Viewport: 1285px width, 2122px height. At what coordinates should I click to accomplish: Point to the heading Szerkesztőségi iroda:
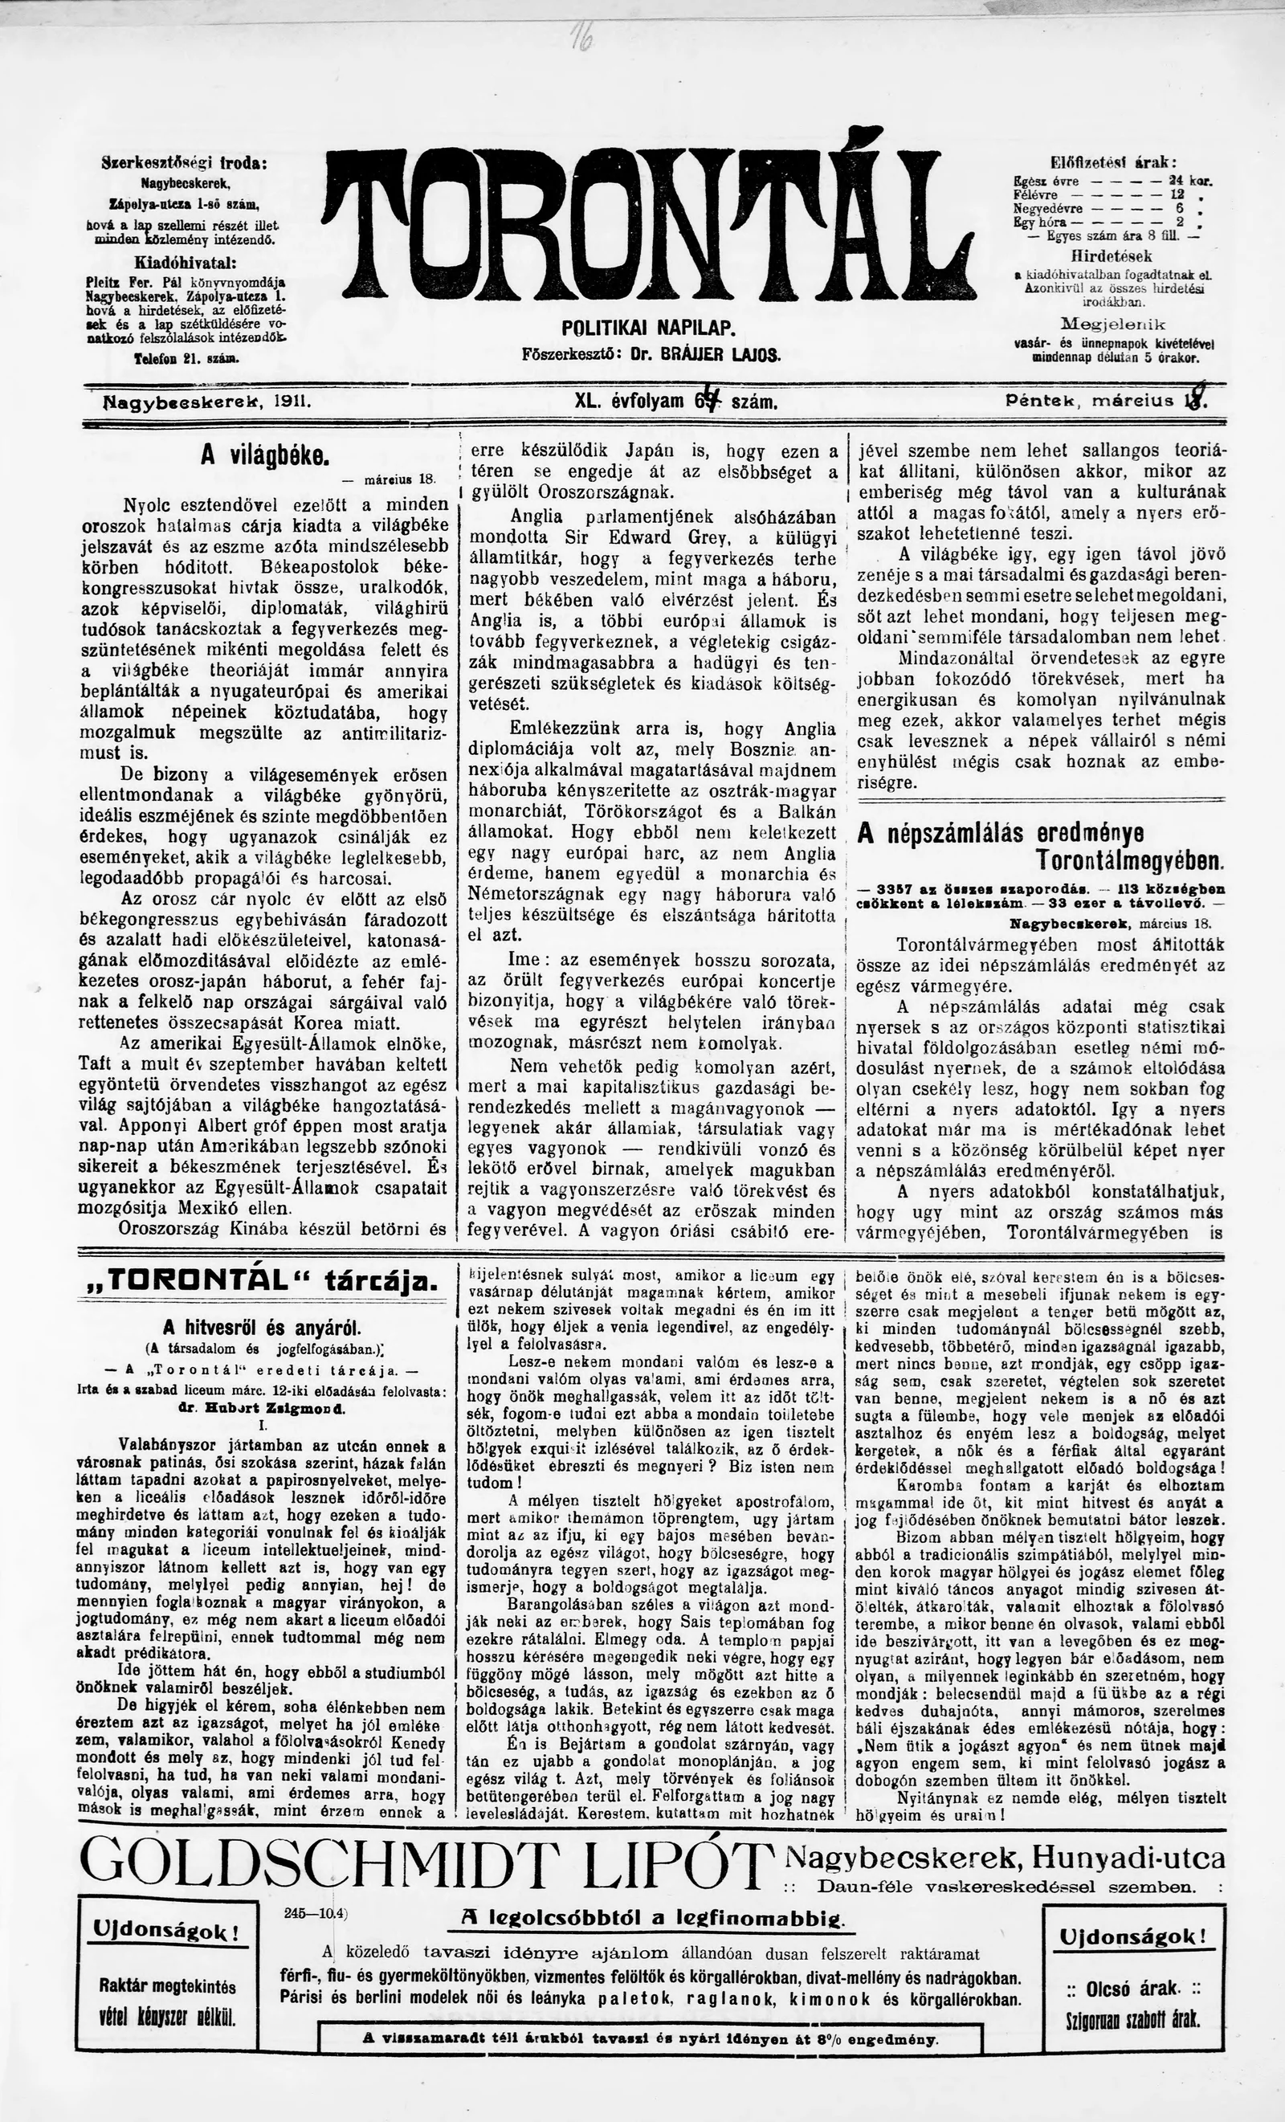click(183, 162)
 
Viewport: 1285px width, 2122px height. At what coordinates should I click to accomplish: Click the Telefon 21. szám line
click(186, 356)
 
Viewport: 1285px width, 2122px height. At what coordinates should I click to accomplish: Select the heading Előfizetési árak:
click(1113, 164)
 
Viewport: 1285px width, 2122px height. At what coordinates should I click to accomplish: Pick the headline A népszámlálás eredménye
click(1001, 834)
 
